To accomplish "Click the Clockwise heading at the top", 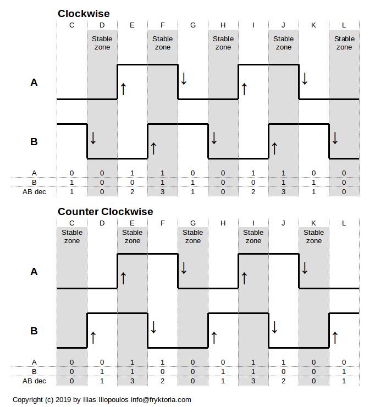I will click(x=84, y=14).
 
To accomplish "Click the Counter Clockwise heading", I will click(x=106, y=212).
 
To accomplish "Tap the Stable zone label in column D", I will click(x=102, y=43).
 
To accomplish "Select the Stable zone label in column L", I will click(x=344, y=43).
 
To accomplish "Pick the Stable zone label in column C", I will click(x=72, y=237).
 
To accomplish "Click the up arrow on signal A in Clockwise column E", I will click(x=123, y=89).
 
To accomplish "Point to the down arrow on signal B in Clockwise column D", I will click(x=93, y=138).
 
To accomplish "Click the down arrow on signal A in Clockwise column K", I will click(x=305, y=79).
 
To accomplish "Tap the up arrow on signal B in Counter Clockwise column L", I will click(x=335, y=337).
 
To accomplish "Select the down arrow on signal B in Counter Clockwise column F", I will click(x=153, y=327).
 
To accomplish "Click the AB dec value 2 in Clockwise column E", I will click(x=133, y=191).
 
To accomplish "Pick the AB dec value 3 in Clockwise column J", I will click(x=284, y=191).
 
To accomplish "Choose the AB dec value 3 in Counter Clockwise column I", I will click(x=253, y=381).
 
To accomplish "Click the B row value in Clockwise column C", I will click(x=72, y=182).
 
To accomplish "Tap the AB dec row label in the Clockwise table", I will click(x=34, y=191).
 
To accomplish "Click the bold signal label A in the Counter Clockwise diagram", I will click(x=34, y=272).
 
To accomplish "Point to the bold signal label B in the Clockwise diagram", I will click(x=34, y=142).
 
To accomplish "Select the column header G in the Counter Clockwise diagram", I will click(x=193, y=223).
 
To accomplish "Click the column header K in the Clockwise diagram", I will click(x=314, y=25).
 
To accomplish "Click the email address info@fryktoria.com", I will click(x=161, y=400).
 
